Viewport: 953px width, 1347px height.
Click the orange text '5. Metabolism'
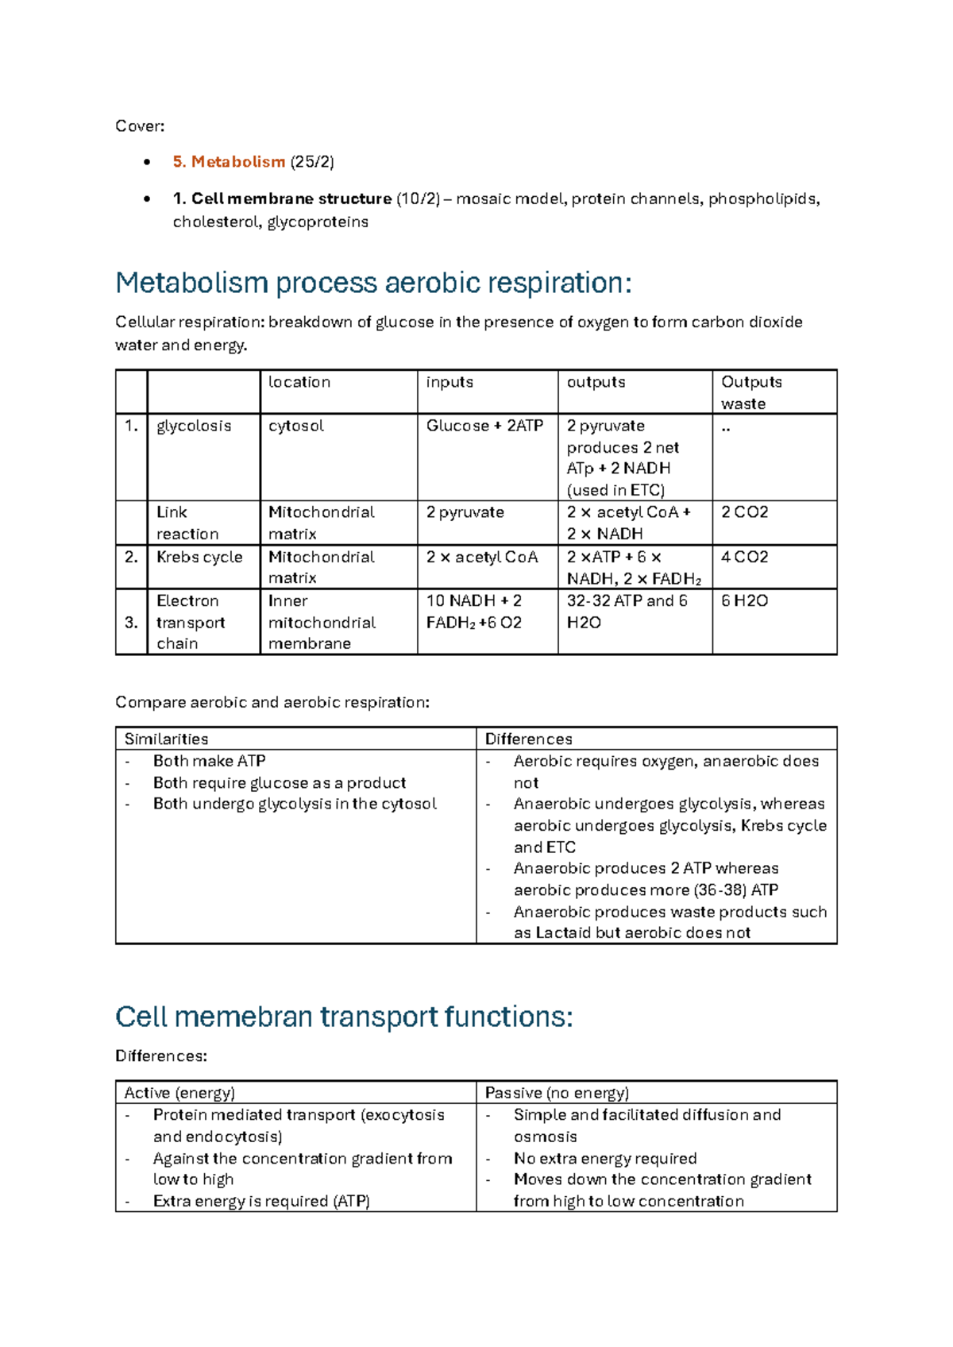pyautogui.click(x=229, y=162)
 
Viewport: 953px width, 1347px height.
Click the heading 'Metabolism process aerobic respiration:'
pyautogui.click(x=373, y=283)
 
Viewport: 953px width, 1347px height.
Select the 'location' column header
pyautogui.click(x=299, y=382)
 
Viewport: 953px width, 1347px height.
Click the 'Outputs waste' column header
pyautogui.click(x=751, y=392)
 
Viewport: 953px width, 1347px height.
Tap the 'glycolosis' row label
pyautogui.click(x=194, y=426)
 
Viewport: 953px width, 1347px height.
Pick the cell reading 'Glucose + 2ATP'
pyautogui.click(x=484, y=426)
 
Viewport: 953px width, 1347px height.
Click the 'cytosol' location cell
pyautogui.click(x=296, y=426)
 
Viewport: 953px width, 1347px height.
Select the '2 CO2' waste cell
pyautogui.click(x=744, y=512)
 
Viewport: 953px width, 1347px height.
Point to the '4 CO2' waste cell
pyautogui.click(x=744, y=557)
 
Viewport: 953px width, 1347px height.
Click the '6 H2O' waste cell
pyautogui.click(x=744, y=600)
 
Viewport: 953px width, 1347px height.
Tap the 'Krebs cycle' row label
pyautogui.click(x=199, y=557)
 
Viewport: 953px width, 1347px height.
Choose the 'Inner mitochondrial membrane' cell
pyautogui.click(x=322, y=622)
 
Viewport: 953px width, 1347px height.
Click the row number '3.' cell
pyautogui.click(x=132, y=622)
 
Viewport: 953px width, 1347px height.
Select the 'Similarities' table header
pyautogui.click(x=166, y=739)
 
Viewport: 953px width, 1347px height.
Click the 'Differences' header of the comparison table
pyautogui.click(x=528, y=739)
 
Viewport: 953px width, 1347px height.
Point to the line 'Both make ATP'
pyautogui.click(x=209, y=761)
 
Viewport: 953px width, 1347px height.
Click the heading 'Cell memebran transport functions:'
pyautogui.click(x=344, y=1017)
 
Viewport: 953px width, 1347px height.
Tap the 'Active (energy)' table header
pyautogui.click(x=179, y=1093)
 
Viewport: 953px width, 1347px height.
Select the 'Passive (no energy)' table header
pyautogui.click(x=557, y=1093)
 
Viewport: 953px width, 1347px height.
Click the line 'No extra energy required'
pyautogui.click(x=605, y=1158)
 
